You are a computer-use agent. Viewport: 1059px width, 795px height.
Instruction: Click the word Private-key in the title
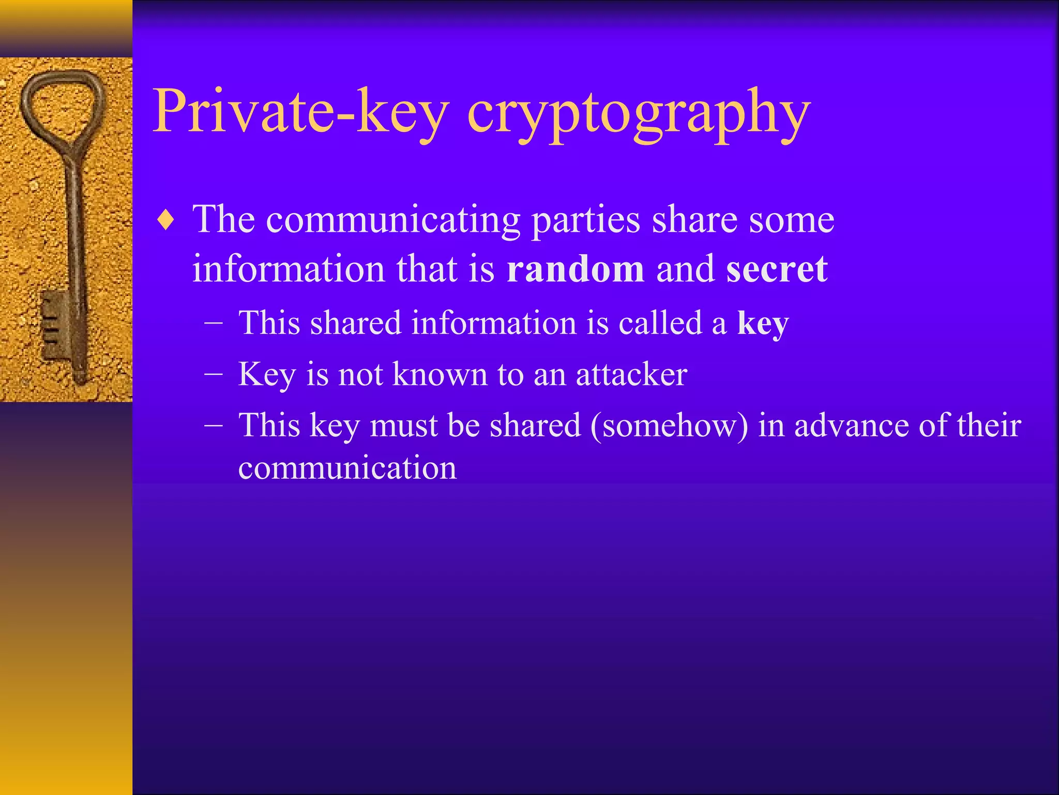click(x=300, y=112)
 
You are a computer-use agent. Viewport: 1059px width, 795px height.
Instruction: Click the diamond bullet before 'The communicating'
click(x=165, y=221)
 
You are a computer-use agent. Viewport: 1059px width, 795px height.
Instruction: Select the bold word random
click(x=575, y=269)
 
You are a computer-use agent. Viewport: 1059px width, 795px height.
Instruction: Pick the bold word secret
click(x=777, y=269)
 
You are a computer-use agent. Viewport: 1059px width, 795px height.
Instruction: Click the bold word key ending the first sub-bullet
click(x=763, y=323)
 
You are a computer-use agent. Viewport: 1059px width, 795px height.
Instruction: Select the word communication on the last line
click(x=347, y=468)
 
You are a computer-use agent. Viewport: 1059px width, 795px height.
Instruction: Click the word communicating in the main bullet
click(x=393, y=220)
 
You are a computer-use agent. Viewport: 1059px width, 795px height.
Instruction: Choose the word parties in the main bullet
click(x=586, y=220)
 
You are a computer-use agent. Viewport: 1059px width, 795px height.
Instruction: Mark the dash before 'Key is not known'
click(x=214, y=374)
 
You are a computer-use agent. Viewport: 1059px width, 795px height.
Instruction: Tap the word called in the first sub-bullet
click(x=660, y=323)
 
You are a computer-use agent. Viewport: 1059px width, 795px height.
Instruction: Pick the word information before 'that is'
click(x=289, y=269)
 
